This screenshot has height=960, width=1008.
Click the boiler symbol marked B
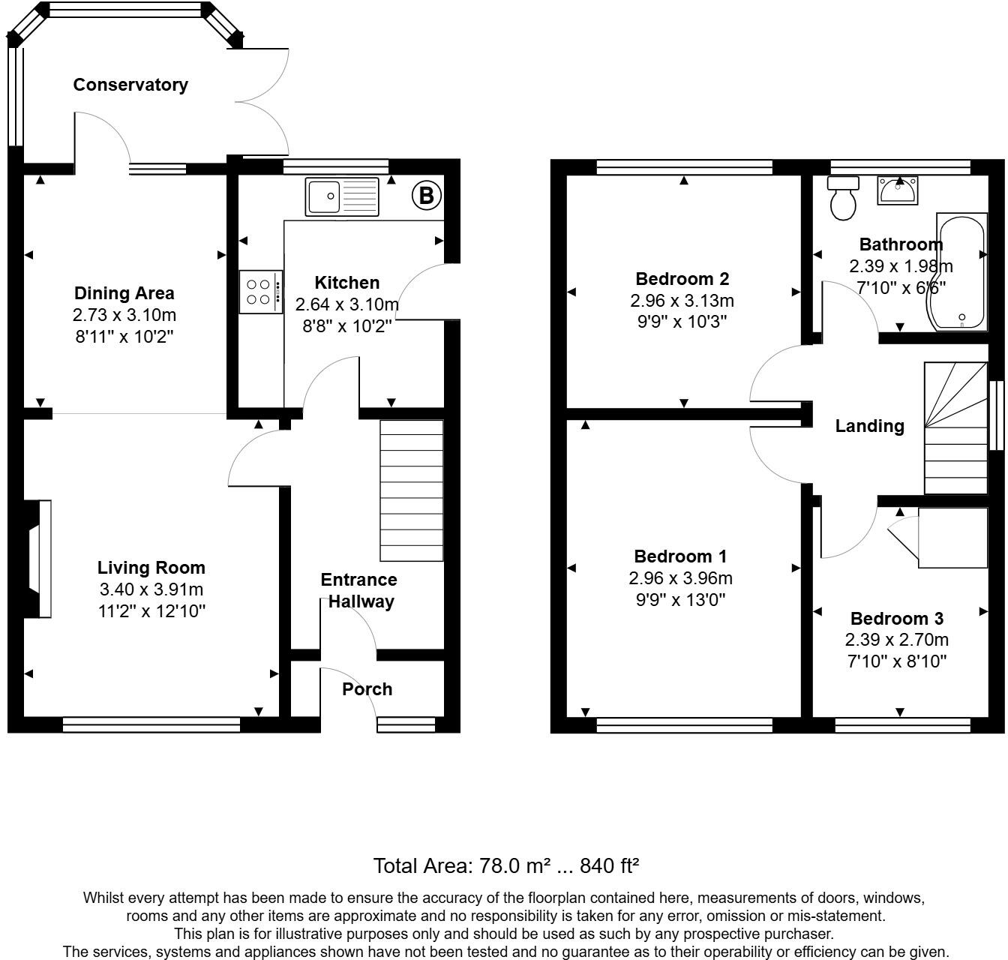tap(426, 196)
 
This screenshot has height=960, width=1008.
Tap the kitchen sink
tap(342, 196)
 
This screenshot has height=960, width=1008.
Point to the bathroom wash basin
tap(897, 190)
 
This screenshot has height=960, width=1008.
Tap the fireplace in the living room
tap(38, 559)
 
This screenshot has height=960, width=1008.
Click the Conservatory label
tap(130, 85)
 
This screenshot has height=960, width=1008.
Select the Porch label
tap(367, 689)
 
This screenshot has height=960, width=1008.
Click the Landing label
tap(869, 426)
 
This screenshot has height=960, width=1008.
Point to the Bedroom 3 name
tap(896, 619)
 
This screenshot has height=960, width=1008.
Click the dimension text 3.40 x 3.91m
tap(151, 589)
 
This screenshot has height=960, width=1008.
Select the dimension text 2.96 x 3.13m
tap(682, 301)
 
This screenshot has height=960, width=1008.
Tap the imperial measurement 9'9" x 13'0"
tap(680, 600)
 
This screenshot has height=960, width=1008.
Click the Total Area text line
tap(506, 866)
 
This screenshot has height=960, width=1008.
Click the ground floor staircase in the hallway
tap(412, 490)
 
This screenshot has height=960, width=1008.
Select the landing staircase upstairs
tap(955, 428)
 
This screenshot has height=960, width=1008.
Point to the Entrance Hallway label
tap(359, 590)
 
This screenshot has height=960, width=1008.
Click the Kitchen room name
tap(346, 283)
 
